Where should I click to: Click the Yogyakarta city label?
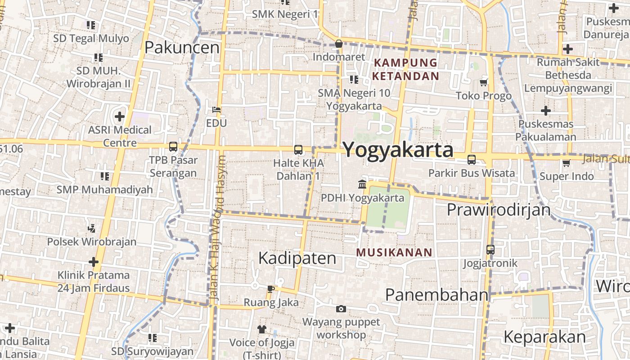(398, 150)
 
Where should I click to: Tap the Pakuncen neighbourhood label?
(182, 47)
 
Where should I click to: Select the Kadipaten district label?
(297, 258)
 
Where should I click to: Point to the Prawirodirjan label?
(499, 210)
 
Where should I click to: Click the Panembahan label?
(436, 295)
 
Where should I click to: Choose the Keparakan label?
(544, 337)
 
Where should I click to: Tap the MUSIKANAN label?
(394, 253)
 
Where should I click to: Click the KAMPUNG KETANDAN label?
(405, 69)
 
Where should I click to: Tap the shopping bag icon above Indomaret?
(339, 44)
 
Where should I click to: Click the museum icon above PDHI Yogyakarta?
(362, 184)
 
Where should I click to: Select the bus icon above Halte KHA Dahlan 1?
(298, 150)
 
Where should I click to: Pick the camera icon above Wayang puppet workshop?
(341, 309)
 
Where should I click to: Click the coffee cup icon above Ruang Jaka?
(270, 289)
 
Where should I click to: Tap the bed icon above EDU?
(216, 109)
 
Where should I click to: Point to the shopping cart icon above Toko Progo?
(484, 82)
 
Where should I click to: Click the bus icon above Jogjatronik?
(490, 249)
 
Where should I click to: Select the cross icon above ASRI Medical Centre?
(119, 117)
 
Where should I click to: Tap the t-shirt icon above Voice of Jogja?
(262, 329)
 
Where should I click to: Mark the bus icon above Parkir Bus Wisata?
(472, 159)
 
